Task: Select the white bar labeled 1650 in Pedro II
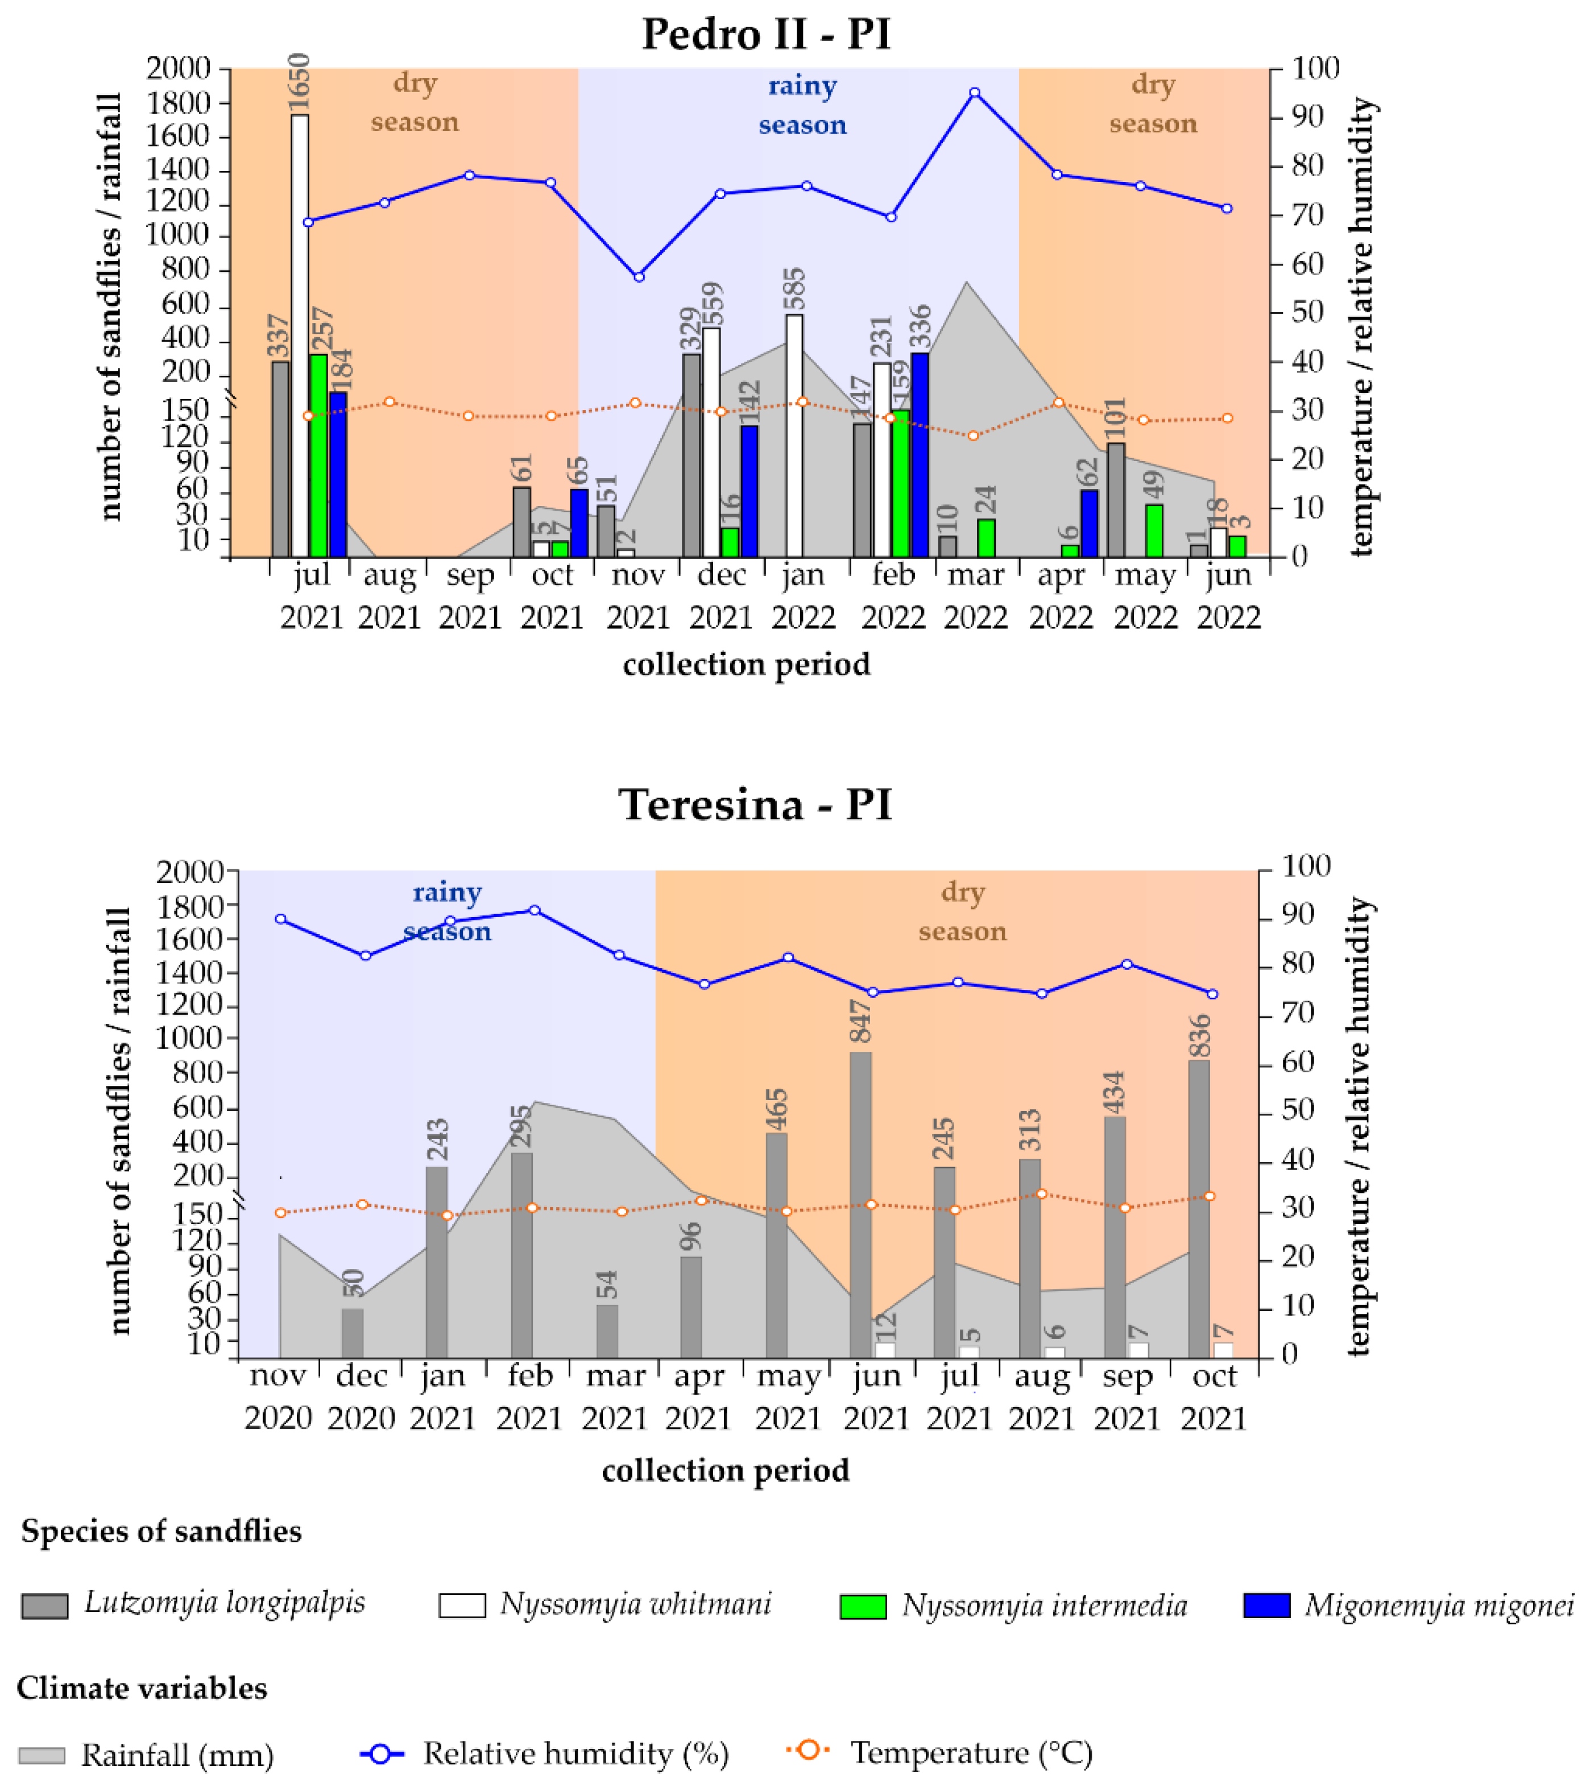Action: coord(300,335)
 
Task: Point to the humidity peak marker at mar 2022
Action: coord(974,92)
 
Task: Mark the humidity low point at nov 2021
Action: coord(638,277)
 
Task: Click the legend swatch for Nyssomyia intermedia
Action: coord(863,1606)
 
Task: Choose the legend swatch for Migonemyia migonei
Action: coord(1266,1605)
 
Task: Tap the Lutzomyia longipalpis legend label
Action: coord(225,1602)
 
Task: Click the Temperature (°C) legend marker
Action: coord(809,1749)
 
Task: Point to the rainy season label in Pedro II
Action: coord(802,105)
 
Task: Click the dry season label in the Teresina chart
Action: coord(962,911)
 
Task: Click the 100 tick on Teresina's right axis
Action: coord(1306,866)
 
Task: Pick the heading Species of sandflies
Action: coord(161,1531)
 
